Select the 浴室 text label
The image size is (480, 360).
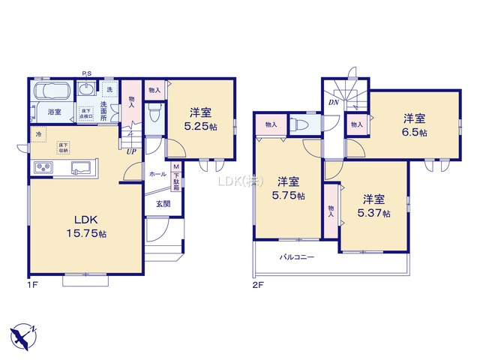(54, 112)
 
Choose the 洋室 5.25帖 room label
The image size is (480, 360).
(199, 120)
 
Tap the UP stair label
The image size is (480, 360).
(130, 151)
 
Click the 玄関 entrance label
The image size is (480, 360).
(163, 203)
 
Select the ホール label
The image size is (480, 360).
(157, 174)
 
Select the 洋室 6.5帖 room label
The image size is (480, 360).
(414, 125)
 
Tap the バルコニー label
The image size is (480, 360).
(298, 257)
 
